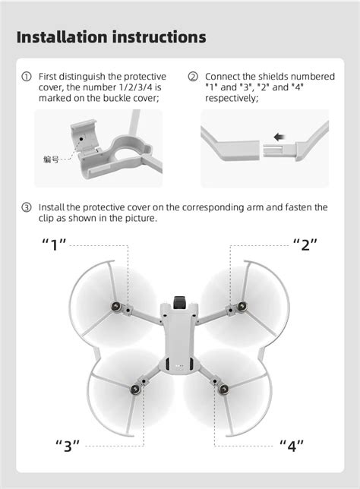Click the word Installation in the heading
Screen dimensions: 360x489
pos(62,36)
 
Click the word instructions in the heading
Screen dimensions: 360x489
pos(159,36)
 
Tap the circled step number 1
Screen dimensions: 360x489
pos(27,77)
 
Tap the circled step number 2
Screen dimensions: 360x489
pos(193,77)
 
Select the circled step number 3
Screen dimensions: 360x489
pos(27,207)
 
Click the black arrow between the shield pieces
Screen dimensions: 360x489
pos(279,137)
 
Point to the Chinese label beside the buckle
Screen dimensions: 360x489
pos(51,159)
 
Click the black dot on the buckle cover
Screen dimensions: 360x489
pos(81,139)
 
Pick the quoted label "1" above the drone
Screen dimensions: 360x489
pos(54,244)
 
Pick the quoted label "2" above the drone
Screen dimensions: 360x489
pos(305,244)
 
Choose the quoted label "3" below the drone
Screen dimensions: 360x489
pos(68,446)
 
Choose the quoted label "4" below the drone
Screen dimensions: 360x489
pos(292,446)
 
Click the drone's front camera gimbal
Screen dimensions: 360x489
pos(179,302)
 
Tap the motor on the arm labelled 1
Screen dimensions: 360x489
pos(116,306)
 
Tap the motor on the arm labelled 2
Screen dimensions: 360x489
pos(242,306)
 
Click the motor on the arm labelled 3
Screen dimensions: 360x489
pos(135,389)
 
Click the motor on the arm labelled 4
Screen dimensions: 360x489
pos(224,389)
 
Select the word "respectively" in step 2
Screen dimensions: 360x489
pos(232,99)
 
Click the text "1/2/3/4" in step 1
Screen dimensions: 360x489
pos(136,87)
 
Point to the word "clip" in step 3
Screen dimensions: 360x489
pos(46,219)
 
